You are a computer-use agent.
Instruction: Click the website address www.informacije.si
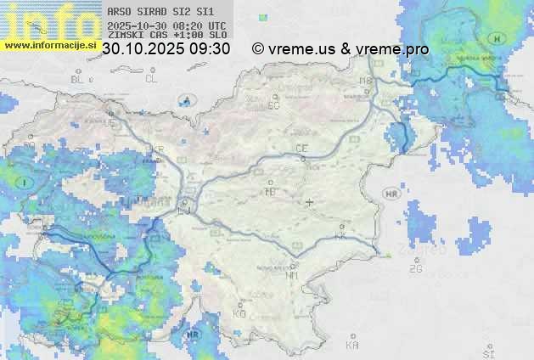[x=49, y=45]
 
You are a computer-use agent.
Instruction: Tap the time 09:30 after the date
[x=210, y=49]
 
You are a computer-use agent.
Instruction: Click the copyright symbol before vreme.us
[x=258, y=49]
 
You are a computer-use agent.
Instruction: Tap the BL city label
[x=79, y=79]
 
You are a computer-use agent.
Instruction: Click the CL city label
[x=151, y=79]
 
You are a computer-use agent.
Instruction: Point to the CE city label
[x=301, y=149]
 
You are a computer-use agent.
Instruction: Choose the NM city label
[x=293, y=275]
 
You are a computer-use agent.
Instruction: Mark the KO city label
[x=239, y=313]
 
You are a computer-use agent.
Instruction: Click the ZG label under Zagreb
[x=415, y=269]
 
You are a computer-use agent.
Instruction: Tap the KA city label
[x=352, y=346]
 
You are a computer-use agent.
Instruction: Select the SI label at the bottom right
[x=487, y=352]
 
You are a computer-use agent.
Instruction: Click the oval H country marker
[x=498, y=38]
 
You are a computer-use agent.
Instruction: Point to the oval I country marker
[x=25, y=183]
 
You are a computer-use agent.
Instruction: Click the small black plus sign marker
[x=310, y=202]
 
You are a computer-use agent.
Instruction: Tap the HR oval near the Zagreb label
[x=391, y=194]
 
